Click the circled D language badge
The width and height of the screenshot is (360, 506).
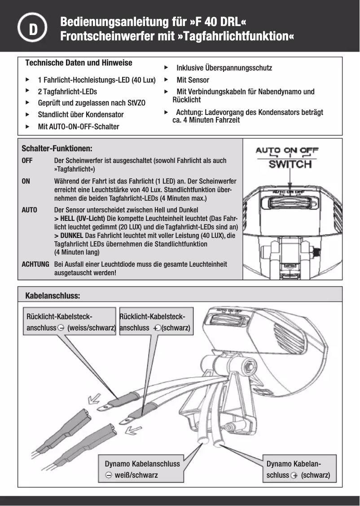(x=33, y=28)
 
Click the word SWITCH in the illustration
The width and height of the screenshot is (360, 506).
(x=290, y=164)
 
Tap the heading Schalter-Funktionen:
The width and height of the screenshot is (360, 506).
(x=57, y=148)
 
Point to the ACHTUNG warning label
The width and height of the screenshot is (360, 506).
(x=36, y=264)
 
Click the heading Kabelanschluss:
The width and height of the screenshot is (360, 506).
(x=53, y=296)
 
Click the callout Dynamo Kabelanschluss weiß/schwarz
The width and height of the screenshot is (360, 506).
(x=142, y=469)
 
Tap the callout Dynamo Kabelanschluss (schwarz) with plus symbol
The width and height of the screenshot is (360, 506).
(x=298, y=469)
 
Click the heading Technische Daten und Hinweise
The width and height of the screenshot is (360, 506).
(x=79, y=62)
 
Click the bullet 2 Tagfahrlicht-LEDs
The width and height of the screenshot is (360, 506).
(x=67, y=92)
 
